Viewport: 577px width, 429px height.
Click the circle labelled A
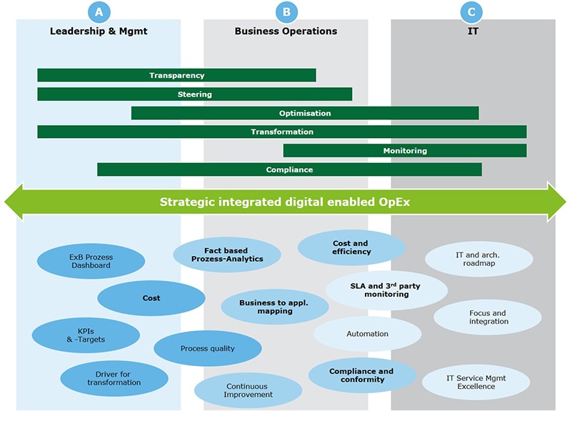(99, 11)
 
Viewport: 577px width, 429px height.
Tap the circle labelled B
(286, 11)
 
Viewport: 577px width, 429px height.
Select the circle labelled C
(471, 11)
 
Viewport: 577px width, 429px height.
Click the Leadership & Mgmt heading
(99, 31)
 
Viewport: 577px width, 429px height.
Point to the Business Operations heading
(286, 31)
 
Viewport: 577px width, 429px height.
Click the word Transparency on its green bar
(176, 76)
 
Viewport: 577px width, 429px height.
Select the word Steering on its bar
(194, 94)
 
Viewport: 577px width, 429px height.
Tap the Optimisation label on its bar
(305, 113)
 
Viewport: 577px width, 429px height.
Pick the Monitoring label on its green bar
(405, 151)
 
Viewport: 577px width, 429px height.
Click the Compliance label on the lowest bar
(289, 170)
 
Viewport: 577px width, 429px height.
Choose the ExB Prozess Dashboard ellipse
(91, 262)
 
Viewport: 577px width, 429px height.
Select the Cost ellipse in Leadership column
(151, 298)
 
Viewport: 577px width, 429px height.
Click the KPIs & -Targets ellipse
(86, 335)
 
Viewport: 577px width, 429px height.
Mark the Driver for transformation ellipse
(114, 378)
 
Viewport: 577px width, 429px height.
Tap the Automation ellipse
(367, 334)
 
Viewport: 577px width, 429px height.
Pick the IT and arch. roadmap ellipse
(478, 259)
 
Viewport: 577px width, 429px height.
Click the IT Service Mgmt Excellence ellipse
(476, 382)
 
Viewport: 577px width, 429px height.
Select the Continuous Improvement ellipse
(248, 390)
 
